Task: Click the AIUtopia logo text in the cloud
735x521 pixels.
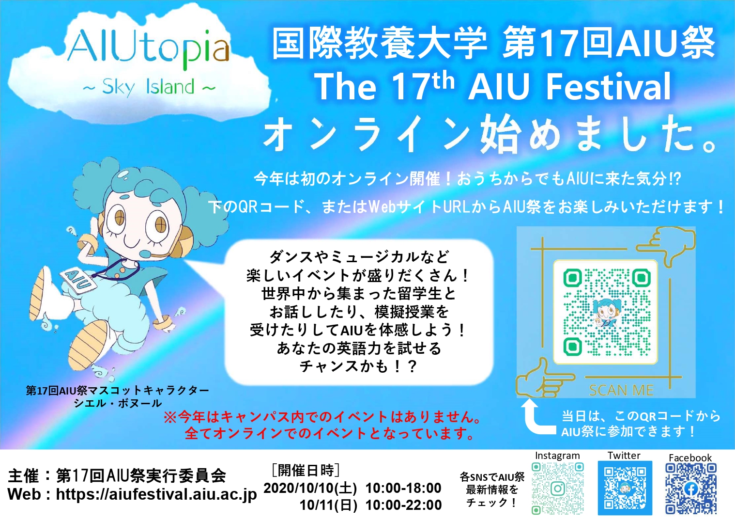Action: [148, 50]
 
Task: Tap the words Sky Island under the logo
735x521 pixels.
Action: [149, 87]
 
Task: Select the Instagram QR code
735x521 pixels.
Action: [557, 488]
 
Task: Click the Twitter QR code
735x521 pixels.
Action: [625, 488]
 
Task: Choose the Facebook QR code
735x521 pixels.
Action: [691, 489]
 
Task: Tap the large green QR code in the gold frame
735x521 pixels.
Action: [605, 312]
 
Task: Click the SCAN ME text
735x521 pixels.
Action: [621, 390]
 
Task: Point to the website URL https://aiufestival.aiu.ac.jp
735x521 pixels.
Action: [156, 495]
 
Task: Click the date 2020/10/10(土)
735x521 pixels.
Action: [310, 488]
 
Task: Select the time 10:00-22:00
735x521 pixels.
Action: [404, 505]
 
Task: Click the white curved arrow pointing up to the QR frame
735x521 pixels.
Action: [538, 417]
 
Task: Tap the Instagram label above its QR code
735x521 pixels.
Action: [557, 456]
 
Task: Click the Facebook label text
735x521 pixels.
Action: [690, 458]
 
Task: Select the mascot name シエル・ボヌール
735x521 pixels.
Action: [118, 403]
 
